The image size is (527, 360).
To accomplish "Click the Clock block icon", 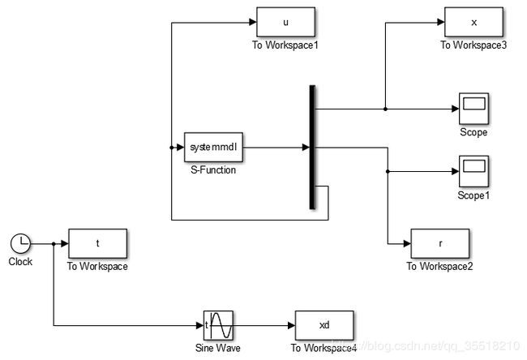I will point(20,242).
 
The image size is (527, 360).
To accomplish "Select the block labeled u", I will point(285,22).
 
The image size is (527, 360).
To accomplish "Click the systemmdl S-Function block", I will point(214,148).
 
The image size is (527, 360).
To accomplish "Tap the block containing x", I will point(473,22).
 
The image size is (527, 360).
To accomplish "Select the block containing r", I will point(440,243).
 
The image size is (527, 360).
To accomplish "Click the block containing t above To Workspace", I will point(97,243).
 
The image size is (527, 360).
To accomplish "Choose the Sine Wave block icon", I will point(218,325).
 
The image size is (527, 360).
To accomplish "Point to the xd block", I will point(323,325).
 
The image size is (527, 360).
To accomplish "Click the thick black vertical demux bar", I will point(311,148).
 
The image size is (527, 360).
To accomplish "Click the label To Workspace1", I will point(285,45).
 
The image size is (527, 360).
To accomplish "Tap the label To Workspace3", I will point(473,45).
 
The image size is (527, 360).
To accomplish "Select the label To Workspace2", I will point(440,267).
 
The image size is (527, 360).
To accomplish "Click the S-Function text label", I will point(212,171).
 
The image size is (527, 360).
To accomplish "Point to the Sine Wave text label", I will point(218,348).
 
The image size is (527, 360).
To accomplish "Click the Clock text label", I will point(20,262).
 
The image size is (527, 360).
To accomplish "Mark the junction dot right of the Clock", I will point(54,243).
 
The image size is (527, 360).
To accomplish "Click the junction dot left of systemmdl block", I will point(172,148).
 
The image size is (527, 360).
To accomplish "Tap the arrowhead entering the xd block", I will point(290,325).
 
